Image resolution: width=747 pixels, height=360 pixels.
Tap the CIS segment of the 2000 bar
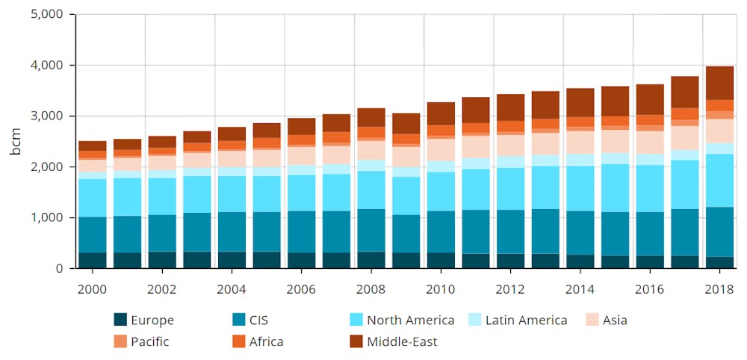coord(93,235)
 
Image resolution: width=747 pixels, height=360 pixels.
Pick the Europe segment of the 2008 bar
coord(371,259)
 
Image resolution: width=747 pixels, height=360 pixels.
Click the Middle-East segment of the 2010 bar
coord(441,114)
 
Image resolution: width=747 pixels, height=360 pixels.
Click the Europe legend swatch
coord(120,320)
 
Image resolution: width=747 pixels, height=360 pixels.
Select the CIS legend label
coord(259,320)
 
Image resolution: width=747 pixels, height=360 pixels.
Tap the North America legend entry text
coord(411,320)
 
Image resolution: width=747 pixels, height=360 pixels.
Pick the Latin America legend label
coord(526,320)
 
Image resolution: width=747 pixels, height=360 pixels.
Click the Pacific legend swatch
coord(120,341)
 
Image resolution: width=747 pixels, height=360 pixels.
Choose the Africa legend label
coord(267,342)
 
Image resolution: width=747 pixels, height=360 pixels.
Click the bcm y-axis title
coord(16,142)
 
